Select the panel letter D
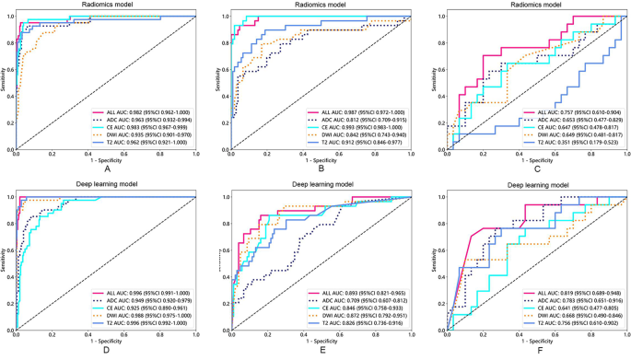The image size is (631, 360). pyautogui.click(x=107, y=351)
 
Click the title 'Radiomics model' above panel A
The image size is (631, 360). pyautogui.click(x=107, y=6)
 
